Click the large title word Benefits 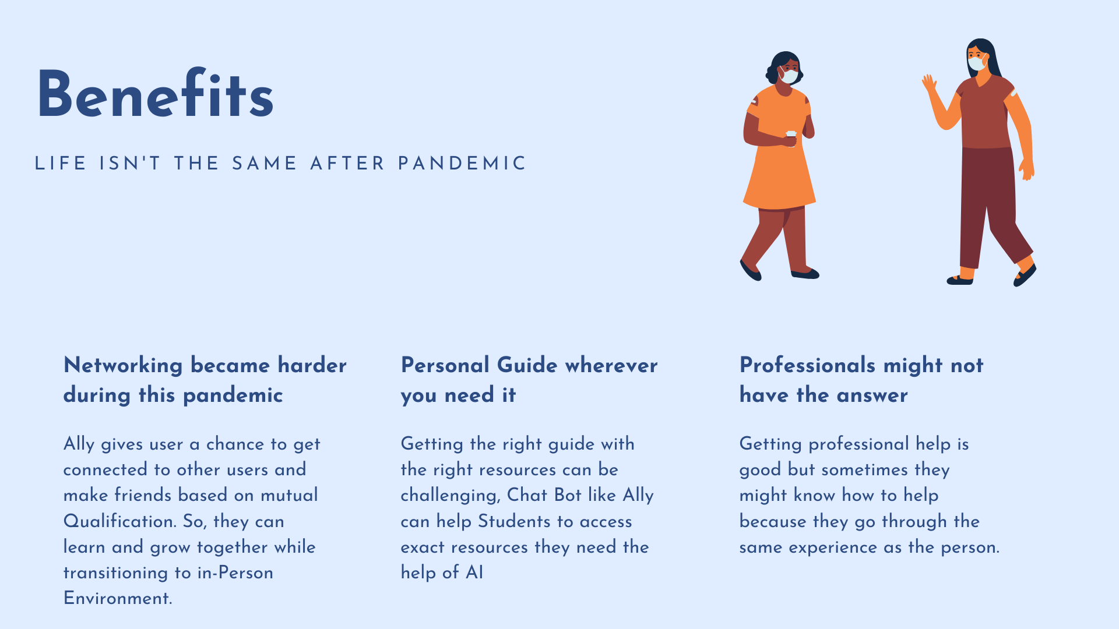(x=155, y=94)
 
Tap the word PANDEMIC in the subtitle (x=462, y=164)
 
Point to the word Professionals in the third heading (x=807, y=365)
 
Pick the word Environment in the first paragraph (x=118, y=598)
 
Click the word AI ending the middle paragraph (x=474, y=573)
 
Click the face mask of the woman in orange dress (x=789, y=76)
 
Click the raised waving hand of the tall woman (x=929, y=83)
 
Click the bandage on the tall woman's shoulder (x=1014, y=93)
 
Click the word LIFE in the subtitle (x=61, y=164)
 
